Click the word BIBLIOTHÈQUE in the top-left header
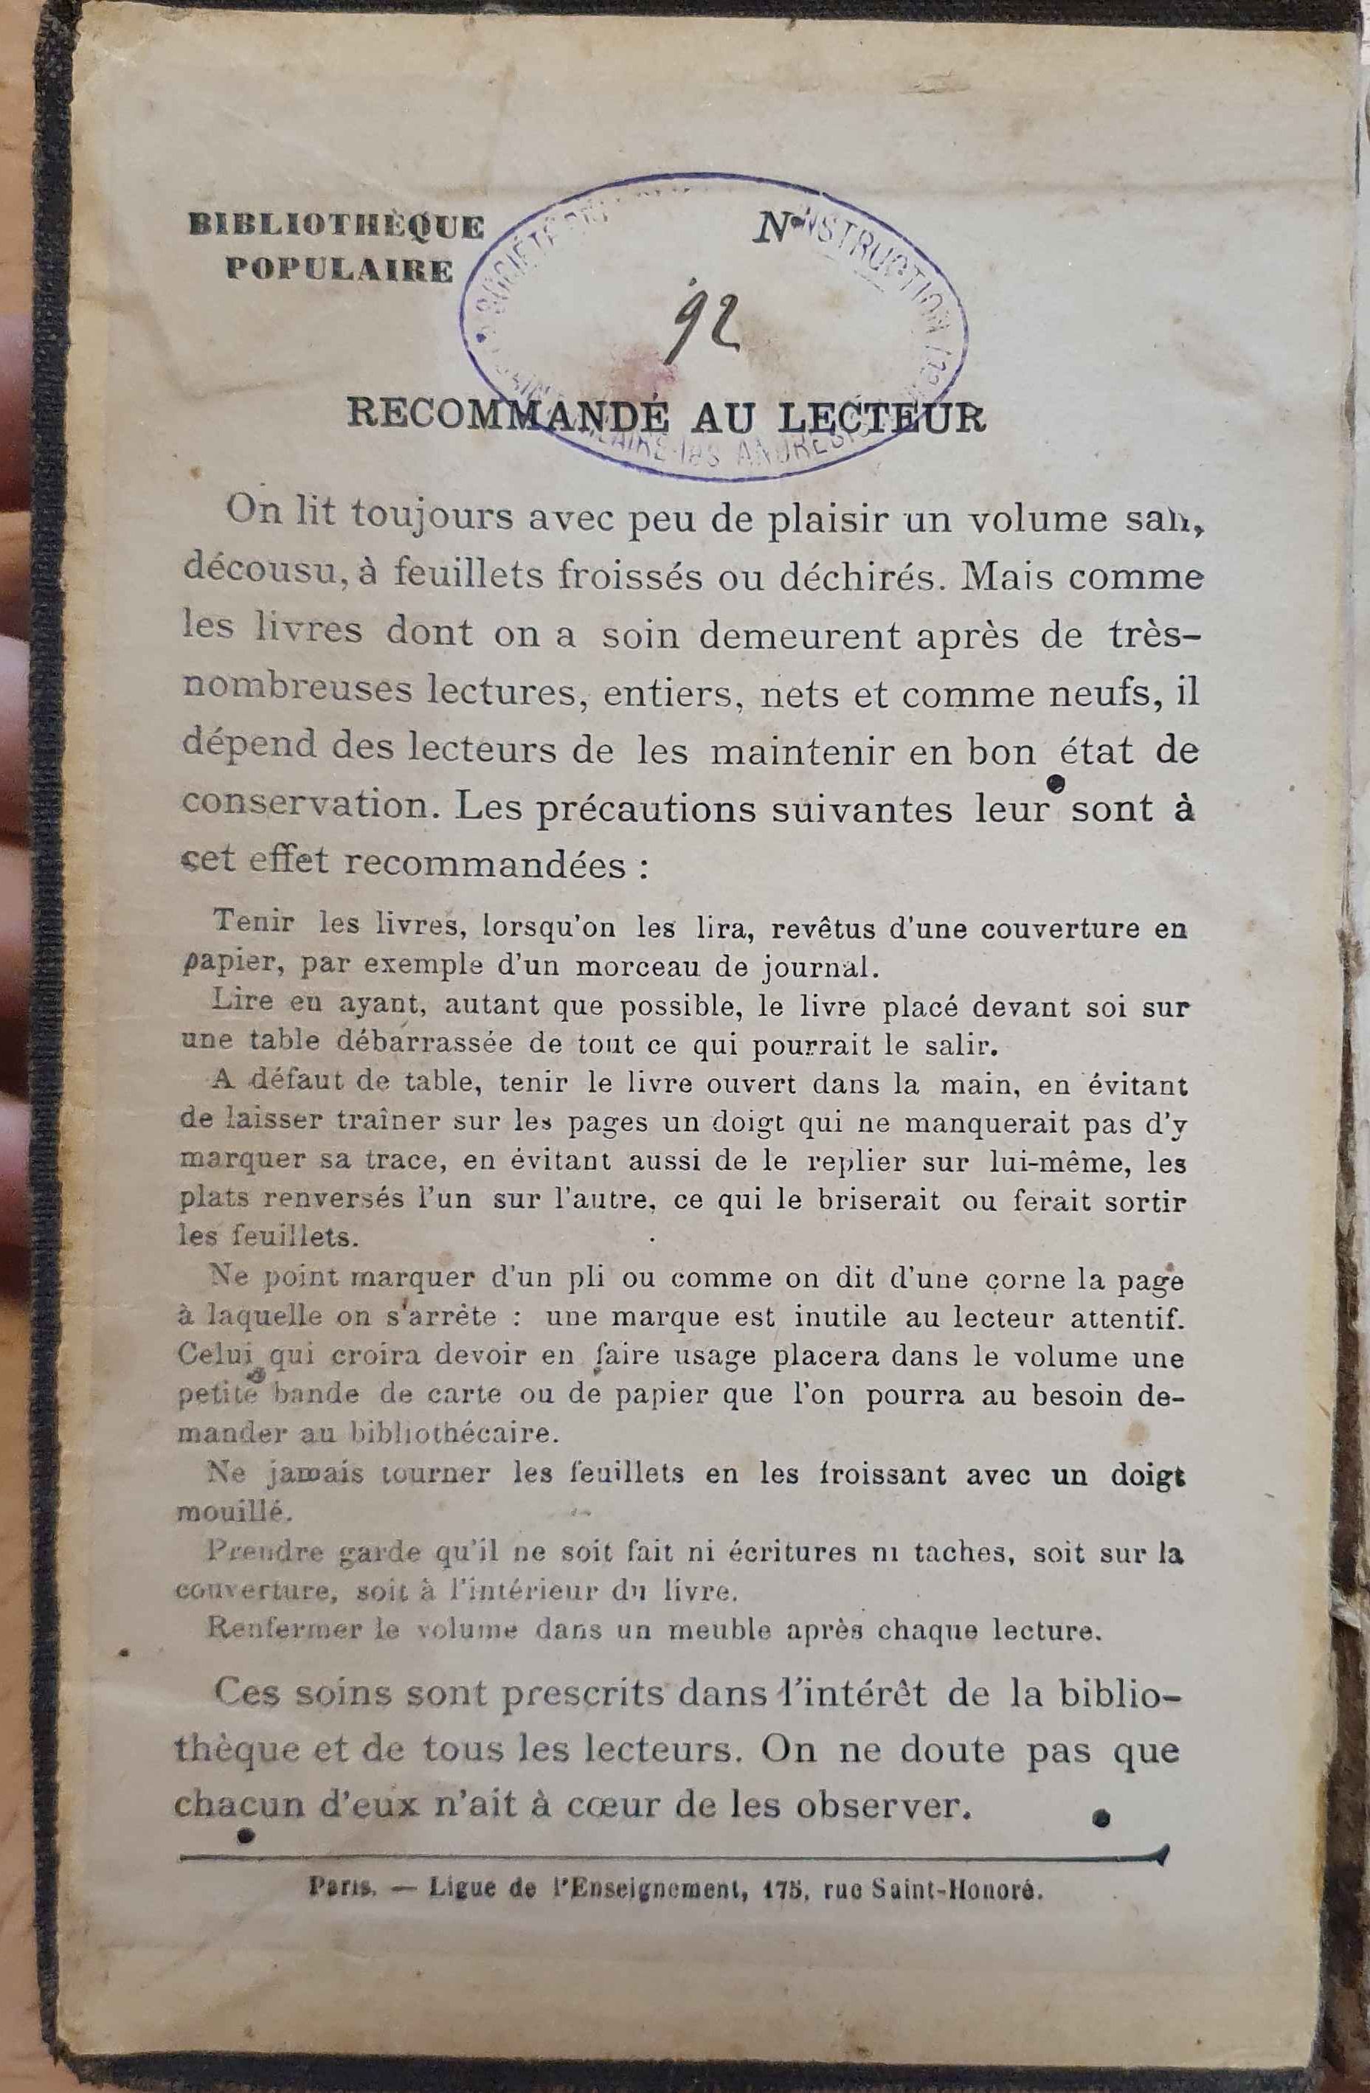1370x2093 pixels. tap(336, 227)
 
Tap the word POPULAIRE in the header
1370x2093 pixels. tap(339, 270)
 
